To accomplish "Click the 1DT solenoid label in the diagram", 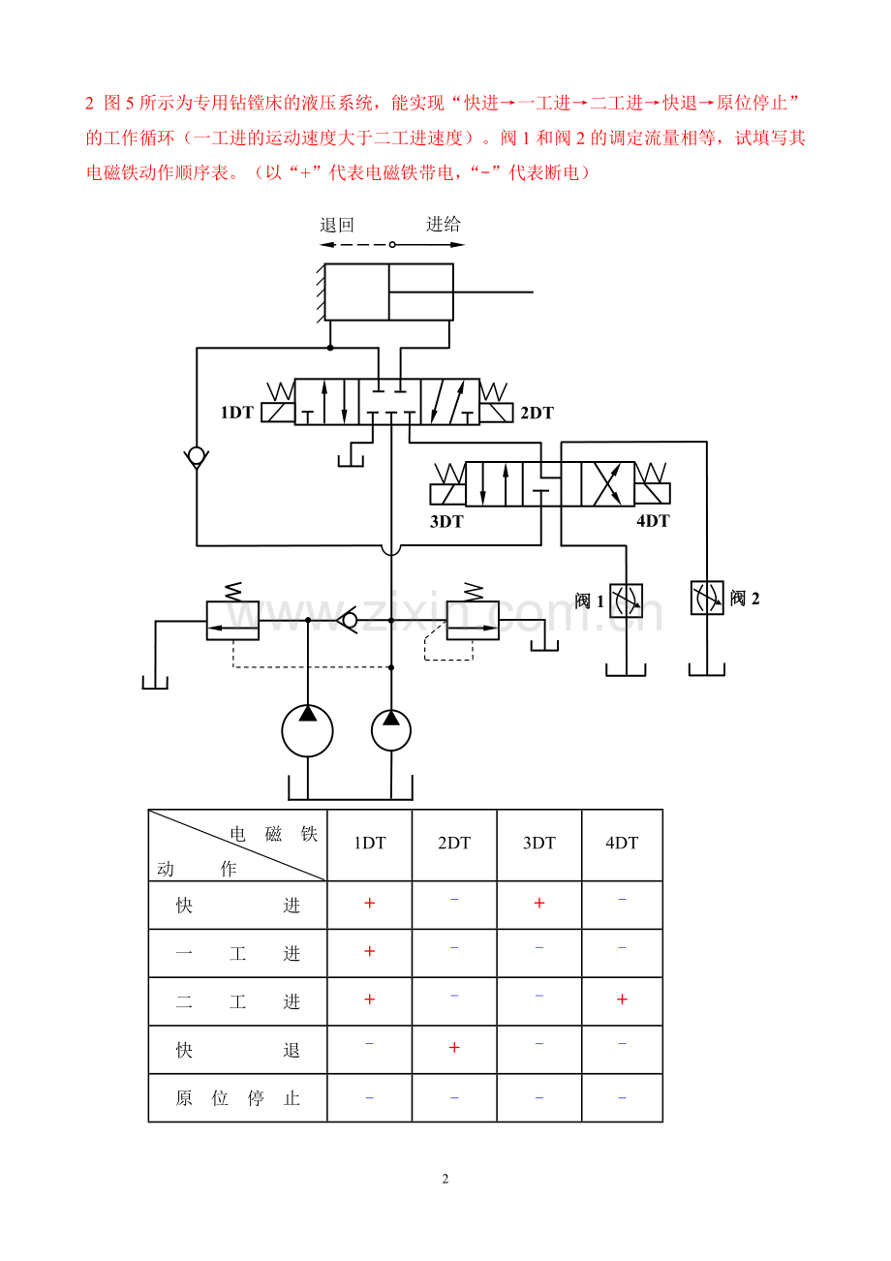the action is (237, 413).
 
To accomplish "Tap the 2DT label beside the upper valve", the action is (537, 413).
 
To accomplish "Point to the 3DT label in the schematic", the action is (446, 522).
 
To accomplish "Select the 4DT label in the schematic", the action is (653, 521).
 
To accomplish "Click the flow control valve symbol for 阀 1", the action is (626, 600).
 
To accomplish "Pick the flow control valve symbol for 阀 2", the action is (707, 598).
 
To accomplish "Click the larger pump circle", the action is (307, 730).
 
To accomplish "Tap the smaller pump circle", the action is (391, 730).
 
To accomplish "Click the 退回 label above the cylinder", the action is (337, 225).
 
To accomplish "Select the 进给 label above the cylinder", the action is (443, 225).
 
